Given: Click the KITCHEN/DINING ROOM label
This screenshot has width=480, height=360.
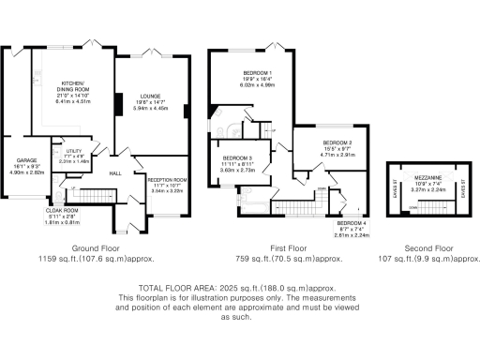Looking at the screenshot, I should [x=73, y=82].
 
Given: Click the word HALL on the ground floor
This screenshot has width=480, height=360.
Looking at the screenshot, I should [x=116, y=173].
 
